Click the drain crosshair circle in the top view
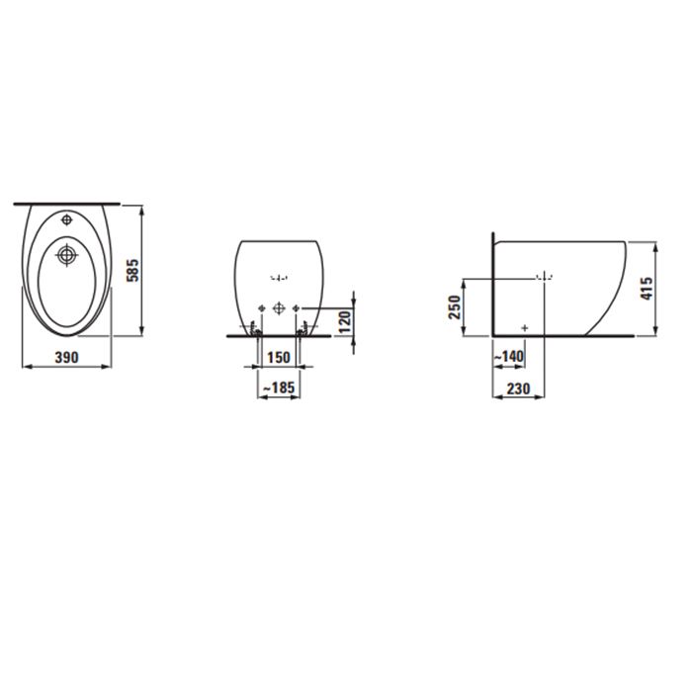point(67,254)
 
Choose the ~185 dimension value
point(279,389)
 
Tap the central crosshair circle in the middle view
point(278,307)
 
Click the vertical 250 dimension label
point(455,306)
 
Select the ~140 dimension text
point(513,356)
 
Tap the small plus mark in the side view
point(524,325)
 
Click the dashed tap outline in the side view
point(543,278)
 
